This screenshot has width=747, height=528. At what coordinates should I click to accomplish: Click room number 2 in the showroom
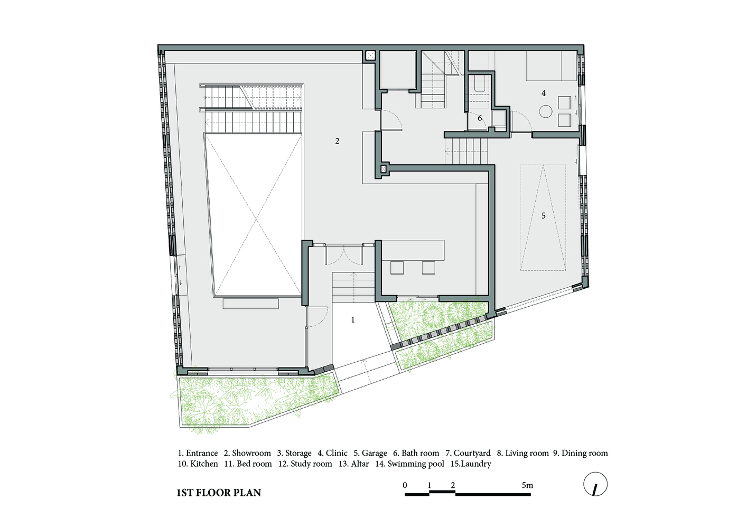point(337,141)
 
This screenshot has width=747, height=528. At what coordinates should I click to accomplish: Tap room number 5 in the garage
point(543,215)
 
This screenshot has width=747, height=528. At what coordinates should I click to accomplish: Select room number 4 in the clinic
point(544,93)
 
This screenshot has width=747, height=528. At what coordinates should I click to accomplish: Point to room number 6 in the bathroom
point(480,118)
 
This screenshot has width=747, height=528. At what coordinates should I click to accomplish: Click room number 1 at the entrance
point(353,320)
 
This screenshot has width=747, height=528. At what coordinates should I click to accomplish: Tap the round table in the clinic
point(546,111)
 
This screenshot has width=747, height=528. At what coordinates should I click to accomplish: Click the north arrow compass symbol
point(595,484)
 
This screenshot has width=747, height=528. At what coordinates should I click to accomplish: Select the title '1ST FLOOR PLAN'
point(219,493)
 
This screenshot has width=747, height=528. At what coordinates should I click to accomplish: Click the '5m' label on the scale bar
point(527,485)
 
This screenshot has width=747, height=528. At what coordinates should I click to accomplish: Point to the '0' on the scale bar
point(405,485)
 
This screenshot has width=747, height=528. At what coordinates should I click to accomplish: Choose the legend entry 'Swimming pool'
point(416,464)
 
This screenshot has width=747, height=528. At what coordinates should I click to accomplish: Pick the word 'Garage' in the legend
point(375,454)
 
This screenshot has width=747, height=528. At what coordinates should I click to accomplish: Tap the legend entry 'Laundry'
point(476,464)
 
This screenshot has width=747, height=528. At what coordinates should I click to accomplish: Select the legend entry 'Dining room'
point(585,454)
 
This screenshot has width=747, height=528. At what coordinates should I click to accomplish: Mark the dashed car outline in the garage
point(543,218)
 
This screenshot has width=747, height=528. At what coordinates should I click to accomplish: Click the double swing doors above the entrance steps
point(343,254)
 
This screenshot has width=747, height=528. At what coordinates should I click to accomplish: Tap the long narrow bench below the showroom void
point(250,304)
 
